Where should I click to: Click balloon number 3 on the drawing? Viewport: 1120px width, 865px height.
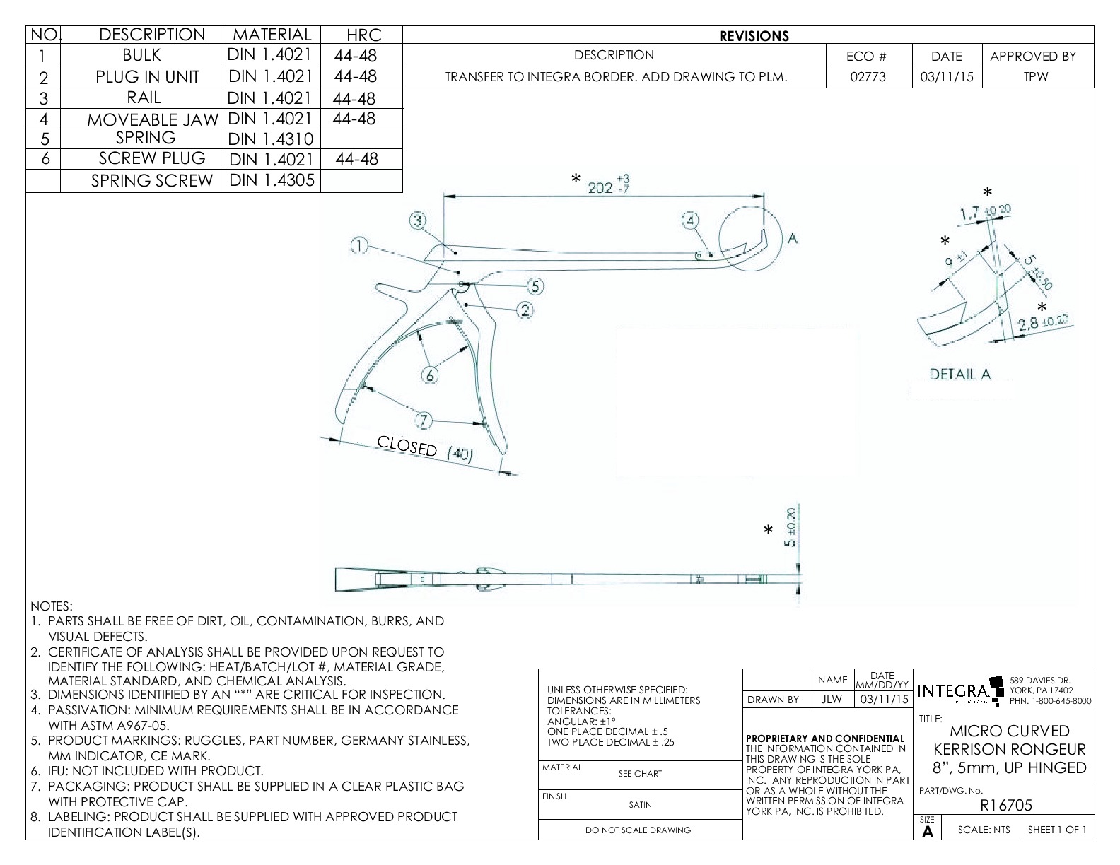point(418,220)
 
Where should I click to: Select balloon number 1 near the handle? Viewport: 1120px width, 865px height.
point(359,246)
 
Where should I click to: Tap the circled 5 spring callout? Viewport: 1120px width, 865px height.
point(535,286)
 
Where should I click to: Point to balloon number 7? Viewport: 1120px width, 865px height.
point(423,421)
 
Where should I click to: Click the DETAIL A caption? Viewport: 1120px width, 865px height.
point(959,375)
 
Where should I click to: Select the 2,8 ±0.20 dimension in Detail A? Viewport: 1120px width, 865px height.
point(1044,324)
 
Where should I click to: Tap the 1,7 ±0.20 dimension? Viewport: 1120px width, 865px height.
point(985,211)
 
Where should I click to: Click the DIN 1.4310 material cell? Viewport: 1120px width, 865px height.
point(270,139)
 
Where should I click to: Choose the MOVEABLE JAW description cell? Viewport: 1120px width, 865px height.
point(152,119)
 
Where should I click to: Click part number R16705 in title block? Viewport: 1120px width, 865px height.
point(1006,805)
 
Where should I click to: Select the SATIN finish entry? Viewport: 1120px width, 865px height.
point(640,804)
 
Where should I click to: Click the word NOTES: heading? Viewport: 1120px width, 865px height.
point(51,606)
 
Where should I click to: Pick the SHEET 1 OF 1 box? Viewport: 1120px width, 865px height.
point(1057,830)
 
